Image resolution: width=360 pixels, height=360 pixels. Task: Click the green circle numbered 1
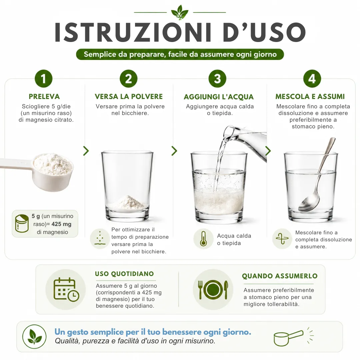coord(44,79)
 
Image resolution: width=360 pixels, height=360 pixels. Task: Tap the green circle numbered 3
coord(217,79)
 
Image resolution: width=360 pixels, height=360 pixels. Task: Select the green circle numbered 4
coord(312,79)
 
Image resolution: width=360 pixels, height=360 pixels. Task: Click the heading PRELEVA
coord(44,97)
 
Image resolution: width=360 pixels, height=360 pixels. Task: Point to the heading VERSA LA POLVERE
coord(129,97)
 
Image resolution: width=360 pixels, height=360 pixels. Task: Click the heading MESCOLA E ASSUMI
coord(310,97)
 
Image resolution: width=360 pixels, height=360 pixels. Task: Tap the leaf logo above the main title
coord(180,12)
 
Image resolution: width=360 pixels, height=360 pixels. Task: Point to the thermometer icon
coord(203,239)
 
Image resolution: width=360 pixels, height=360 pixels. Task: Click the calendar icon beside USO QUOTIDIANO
coord(66,289)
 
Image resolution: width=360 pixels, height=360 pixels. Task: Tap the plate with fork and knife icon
coord(213,290)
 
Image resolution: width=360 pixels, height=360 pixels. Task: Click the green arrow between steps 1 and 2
coord(86,151)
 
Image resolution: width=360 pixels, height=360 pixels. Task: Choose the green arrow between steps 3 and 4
coord(268,151)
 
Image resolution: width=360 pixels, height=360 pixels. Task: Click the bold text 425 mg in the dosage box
coord(61,224)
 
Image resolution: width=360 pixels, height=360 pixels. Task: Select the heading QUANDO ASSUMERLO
coord(280,276)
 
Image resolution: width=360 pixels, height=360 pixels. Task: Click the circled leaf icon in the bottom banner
coord(34,337)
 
